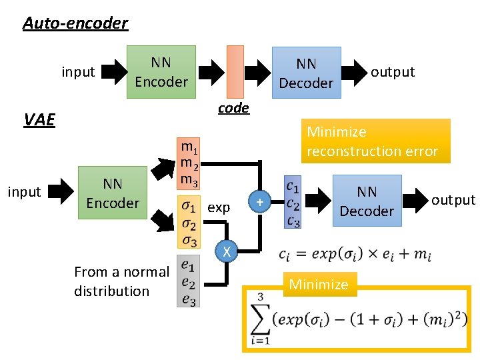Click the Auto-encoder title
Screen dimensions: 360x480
coord(75,24)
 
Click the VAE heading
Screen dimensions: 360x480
coord(39,120)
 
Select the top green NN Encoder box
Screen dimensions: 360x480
coord(161,72)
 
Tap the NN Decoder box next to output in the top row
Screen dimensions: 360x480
coord(306,73)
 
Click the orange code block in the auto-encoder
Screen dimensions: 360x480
coord(235,71)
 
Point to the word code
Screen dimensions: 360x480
coord(233,108)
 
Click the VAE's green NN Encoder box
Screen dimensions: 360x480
coord(113,193)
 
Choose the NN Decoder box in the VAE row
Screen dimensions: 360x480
coord(367,201)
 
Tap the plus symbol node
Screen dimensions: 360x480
coord(260,201)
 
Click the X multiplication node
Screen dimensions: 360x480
coord(227,252)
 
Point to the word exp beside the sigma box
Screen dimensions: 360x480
coord(219,208)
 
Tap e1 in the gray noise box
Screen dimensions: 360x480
coord(188,267)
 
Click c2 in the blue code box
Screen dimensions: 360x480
coord(292,203)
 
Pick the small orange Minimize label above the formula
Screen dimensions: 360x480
coord(319,284)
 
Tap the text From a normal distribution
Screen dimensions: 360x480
coord(122,281)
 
